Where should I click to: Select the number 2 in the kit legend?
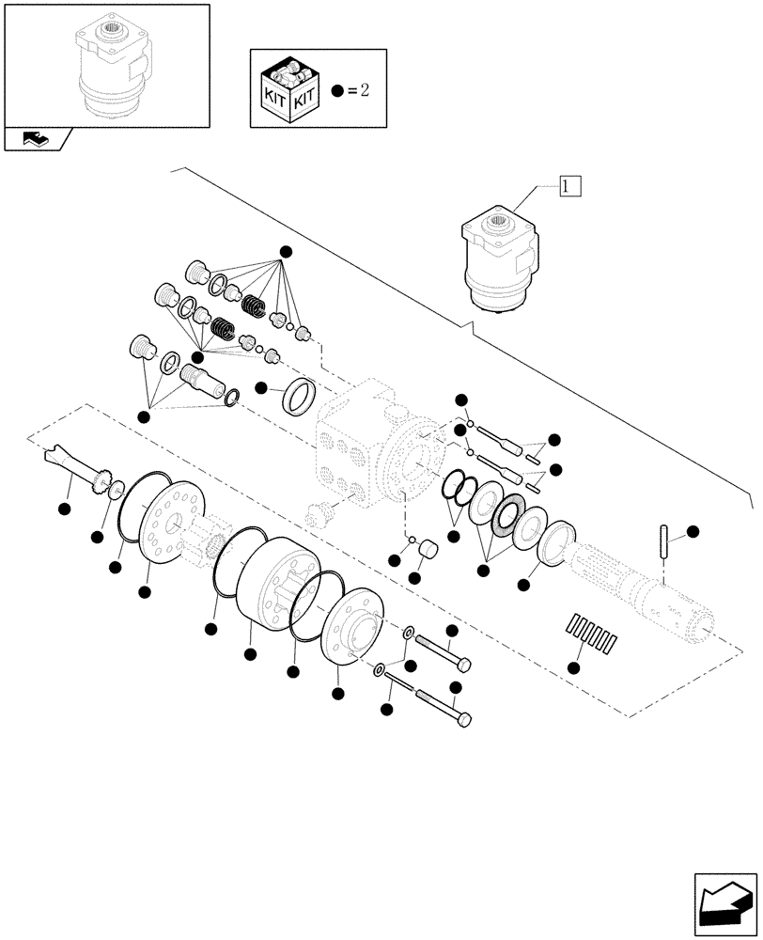tap(366, 90)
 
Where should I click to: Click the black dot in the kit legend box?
tap(338, 90)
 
